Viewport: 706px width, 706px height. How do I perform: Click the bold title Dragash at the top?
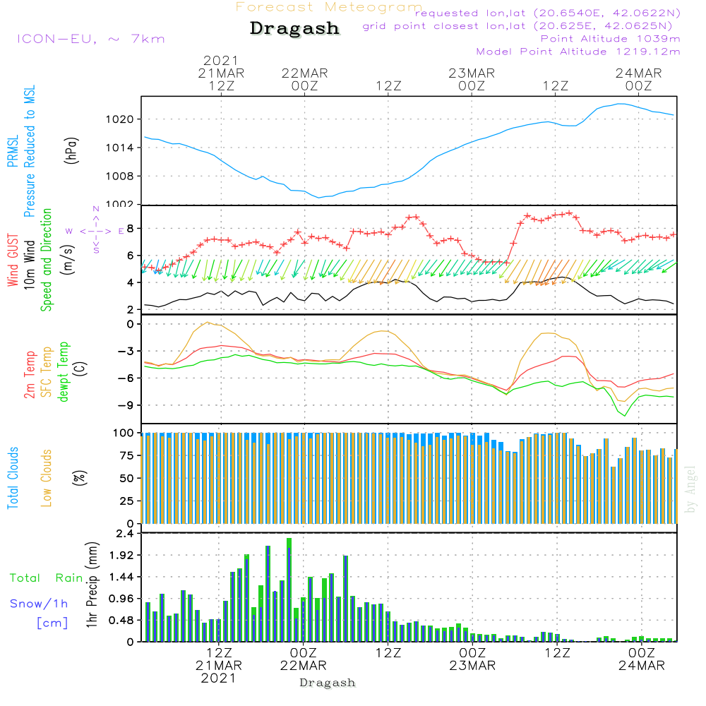coord(294,29)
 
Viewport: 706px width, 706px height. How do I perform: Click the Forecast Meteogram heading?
coord(329,7)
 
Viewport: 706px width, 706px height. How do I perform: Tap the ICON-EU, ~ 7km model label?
coord(90,39)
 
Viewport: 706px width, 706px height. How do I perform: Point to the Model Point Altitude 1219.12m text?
coord(578,52)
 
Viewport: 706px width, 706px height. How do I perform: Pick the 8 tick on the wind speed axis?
coord(130,229)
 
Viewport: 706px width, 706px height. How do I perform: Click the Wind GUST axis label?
coord(13,261)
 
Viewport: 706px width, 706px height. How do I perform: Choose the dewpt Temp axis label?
coord(64,372)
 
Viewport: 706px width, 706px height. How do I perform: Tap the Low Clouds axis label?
coord(47,478)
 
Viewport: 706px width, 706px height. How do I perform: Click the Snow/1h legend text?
coord(39,604)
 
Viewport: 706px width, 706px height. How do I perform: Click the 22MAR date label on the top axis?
coord(304,73)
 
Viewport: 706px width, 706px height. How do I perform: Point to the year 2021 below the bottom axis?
coord(219,678)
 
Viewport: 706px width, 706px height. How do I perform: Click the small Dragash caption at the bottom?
coord(328,683)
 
